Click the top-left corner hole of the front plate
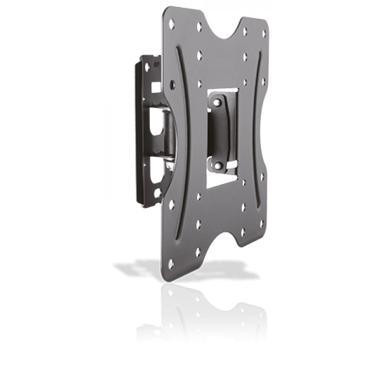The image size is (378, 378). tap(172, 22)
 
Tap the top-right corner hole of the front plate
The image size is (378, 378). tap(264, 33)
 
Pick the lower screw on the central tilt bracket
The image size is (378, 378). tap(218, 165)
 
